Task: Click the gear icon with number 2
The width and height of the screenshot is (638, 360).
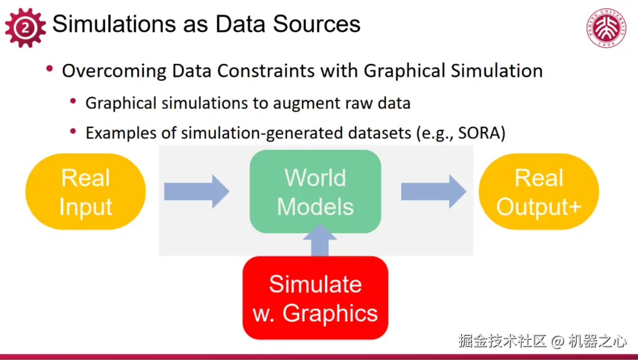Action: click(25, 28)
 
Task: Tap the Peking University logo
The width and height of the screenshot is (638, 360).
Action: click(606, 27)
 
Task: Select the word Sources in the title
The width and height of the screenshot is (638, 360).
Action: click(317, 24)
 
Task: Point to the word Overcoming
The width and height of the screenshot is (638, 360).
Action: click(115, 71)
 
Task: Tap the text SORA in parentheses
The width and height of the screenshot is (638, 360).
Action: click(479, 133)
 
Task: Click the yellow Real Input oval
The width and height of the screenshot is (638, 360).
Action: click(86, 192)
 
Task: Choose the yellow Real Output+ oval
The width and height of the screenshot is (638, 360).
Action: click(539, 192)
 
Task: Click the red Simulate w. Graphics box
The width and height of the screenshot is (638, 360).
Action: click(315, 298)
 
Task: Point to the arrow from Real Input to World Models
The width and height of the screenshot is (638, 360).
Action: click(197, 192)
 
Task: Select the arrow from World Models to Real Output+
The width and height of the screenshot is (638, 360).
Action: click(434, 192)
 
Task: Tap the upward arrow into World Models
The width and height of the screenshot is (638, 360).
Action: click(320, 240)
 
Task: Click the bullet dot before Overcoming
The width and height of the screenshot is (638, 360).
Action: click(50, 69)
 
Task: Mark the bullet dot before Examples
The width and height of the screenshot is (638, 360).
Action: click(73, 131)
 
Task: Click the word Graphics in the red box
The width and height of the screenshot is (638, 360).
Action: click(330, 313)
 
